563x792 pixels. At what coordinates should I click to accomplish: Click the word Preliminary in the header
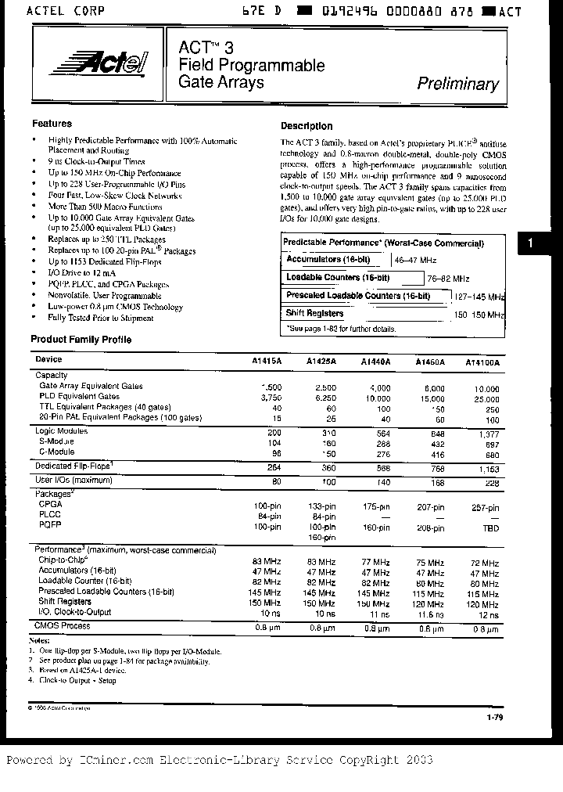click(x=457, y=84)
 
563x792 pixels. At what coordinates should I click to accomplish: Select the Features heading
click(x=52, y=124)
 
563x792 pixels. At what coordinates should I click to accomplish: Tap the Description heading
click(x=307, y=126)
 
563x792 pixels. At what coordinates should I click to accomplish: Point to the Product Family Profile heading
click(x=81, y=340)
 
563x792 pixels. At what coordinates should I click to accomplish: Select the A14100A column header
click(x=482, y=362)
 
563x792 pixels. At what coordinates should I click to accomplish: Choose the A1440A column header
click(x=375, y=362)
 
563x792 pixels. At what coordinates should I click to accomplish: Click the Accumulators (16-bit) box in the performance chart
click(x=334, y=259)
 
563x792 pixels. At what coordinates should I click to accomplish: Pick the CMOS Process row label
click(x=63, y=625)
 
